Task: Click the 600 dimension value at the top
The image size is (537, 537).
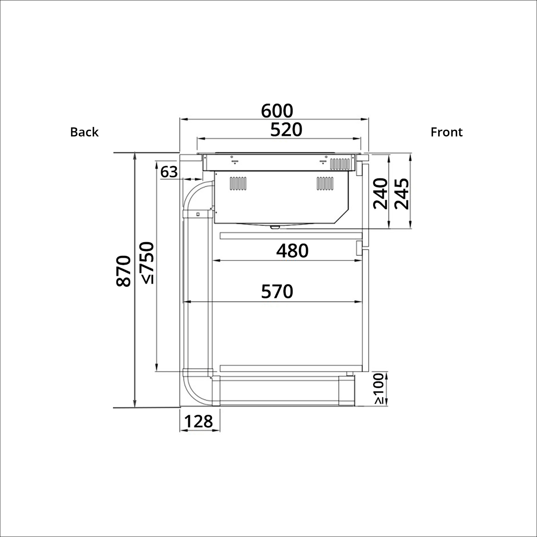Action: coord(277,111)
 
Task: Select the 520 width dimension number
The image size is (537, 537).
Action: coord(286,130)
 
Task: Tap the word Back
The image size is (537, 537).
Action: coord(84,132)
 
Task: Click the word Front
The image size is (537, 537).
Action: coord(446,132)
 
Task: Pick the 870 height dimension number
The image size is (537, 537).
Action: coord(123,271)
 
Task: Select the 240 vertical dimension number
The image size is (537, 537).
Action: coord(380,194)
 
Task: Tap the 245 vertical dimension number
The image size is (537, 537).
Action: coord(402,194)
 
